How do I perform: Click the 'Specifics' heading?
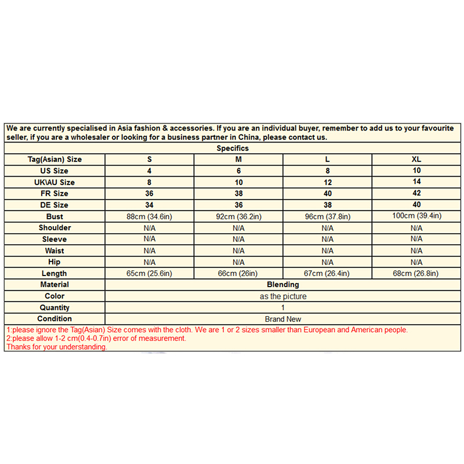point(233,148)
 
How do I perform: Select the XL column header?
point(416,159)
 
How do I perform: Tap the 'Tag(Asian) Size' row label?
point(55,159)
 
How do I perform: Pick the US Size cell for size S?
point(149,171)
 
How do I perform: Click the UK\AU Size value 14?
point(416,182)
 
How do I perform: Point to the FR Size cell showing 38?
point(238,194)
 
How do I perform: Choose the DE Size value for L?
point(327,205)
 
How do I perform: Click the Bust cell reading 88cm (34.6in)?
point(149,216)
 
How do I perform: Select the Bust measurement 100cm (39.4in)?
point(416,216)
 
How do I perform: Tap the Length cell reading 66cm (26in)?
point(238,273)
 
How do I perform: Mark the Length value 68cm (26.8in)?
point(416,273)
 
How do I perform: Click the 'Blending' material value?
point(282,285)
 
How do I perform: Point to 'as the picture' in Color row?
point(282,296)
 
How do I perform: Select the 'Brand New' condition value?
point(282,319)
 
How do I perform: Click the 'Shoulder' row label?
point(55,228)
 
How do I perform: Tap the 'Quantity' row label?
point(55,307)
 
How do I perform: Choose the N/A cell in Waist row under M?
point(238,251)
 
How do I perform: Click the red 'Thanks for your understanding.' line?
point(56,347)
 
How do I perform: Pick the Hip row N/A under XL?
point(416,262)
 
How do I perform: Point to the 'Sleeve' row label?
point(55,239)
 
